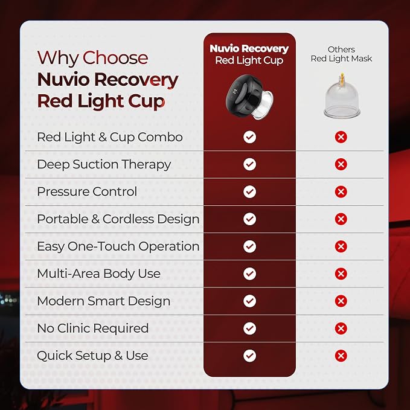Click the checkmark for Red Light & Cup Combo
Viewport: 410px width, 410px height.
[x=250, y=137]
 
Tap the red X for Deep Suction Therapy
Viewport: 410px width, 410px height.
[x=341, y=164]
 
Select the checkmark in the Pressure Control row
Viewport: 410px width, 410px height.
[x=250, y=191]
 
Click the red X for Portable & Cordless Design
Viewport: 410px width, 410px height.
[x=341, y=219]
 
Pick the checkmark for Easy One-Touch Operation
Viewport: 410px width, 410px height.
[x=250, y=246]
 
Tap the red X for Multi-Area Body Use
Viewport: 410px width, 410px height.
[x=341, y=274]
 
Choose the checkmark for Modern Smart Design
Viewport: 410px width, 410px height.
[x=250, y=301]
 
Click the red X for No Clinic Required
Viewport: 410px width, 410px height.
[x=341, y=328]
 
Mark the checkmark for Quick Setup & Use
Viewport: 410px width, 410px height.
[x=250, y=356]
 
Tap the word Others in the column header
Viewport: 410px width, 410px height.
[x=341, y=50]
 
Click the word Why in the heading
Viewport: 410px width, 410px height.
[x=58, y=59]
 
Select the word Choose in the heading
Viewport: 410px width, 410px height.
[x=115, y=58]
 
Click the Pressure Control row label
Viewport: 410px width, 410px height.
[x=87, y=191]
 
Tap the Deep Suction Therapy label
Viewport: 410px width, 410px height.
[x=104, y=165]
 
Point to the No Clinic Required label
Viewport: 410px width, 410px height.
[x=93, y=328]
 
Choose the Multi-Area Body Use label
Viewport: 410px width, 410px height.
[x=99, y=274]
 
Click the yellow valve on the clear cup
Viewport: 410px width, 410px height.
[x=342, y=78]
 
